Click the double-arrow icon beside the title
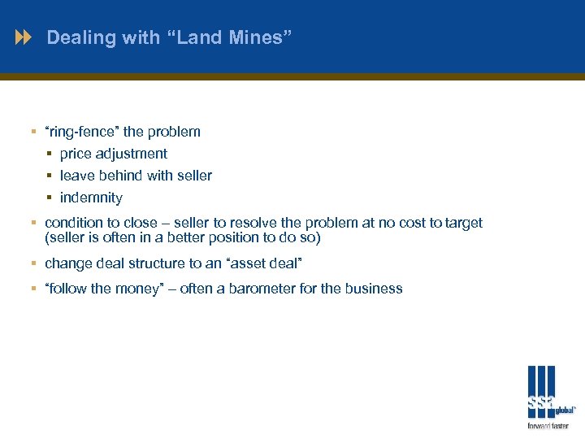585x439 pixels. tap(25, 37)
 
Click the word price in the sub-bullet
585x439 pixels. tap(76, 154)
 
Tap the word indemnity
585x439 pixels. tap(91, 198)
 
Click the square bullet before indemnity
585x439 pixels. tap(50, 198)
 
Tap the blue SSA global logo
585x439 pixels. tap(544, 392)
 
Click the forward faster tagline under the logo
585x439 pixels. tap(548, 425)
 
